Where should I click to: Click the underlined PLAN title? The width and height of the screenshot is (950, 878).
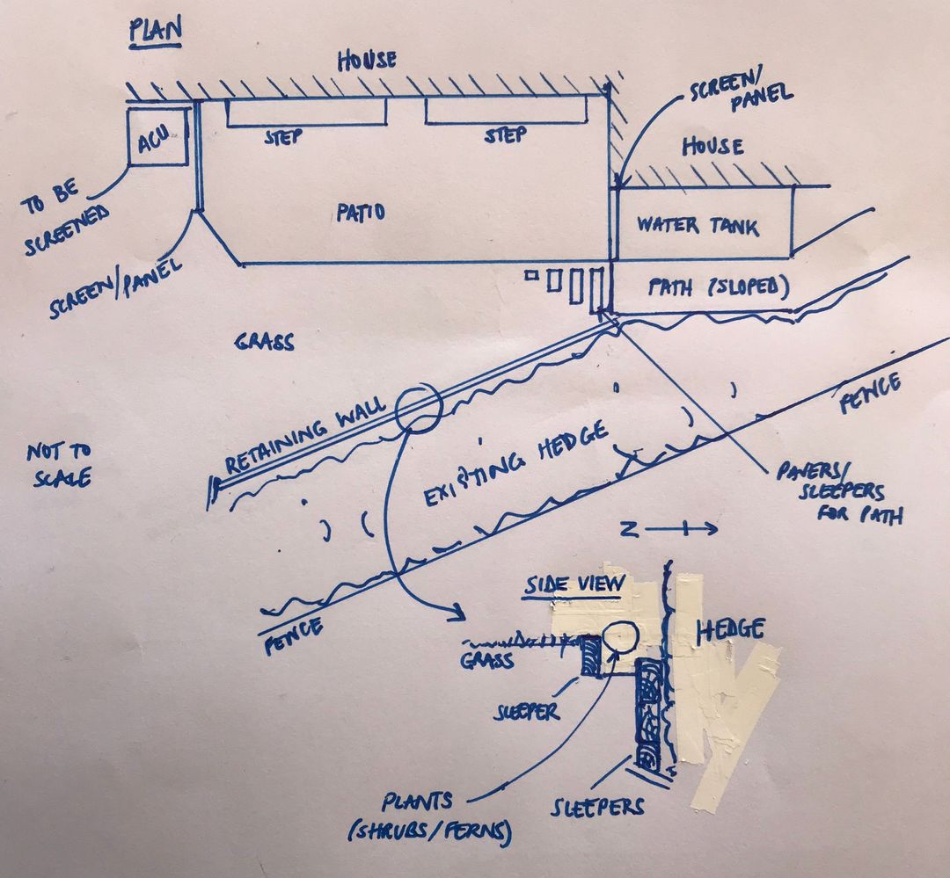[x=155, y=34]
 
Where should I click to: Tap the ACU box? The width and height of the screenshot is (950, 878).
[x=157, y=136]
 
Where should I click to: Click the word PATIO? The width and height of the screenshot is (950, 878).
[x=362, y=213]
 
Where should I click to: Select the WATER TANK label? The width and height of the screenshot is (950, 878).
[x=698, y=226]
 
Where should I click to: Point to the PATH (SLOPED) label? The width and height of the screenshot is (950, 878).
[x=720, y=287]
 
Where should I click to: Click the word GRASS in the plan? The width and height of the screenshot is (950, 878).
[x=264, y=342]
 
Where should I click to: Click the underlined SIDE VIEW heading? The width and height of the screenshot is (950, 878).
[x=574, y=585]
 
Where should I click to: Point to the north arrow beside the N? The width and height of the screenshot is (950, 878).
[x=681, y=530]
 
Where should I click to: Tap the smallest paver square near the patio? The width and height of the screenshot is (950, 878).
[x=531, y=275]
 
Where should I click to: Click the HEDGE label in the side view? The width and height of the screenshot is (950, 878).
[x=731, y=631]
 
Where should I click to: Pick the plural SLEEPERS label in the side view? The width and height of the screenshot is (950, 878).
[x=597, y=807]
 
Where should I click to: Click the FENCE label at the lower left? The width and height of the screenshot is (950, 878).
[x=294, y=636]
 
